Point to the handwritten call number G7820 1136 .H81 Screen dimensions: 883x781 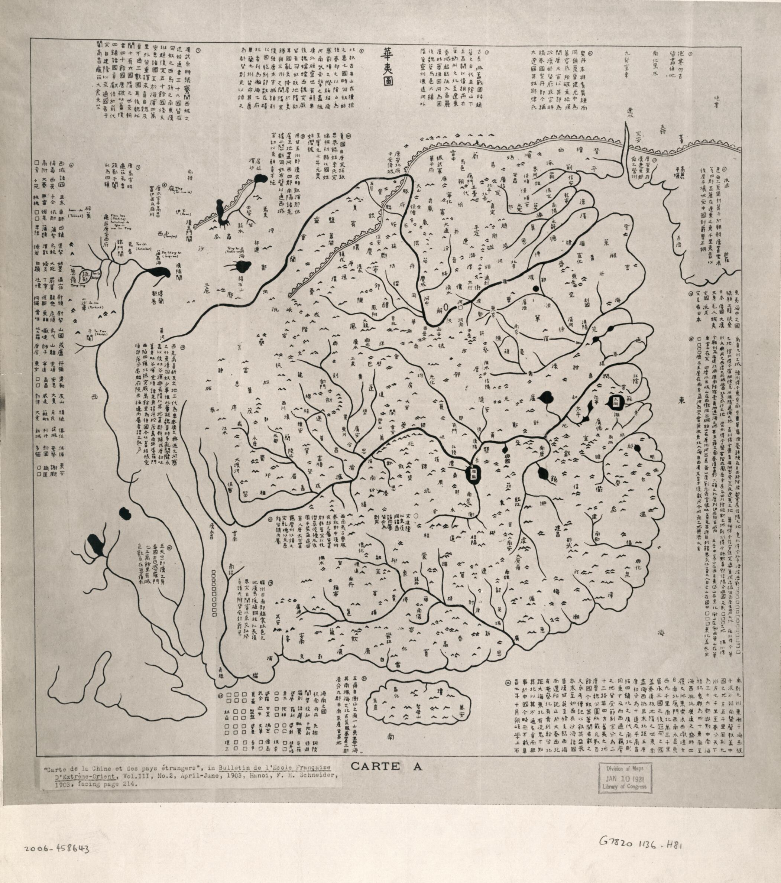tap(641, 843)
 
